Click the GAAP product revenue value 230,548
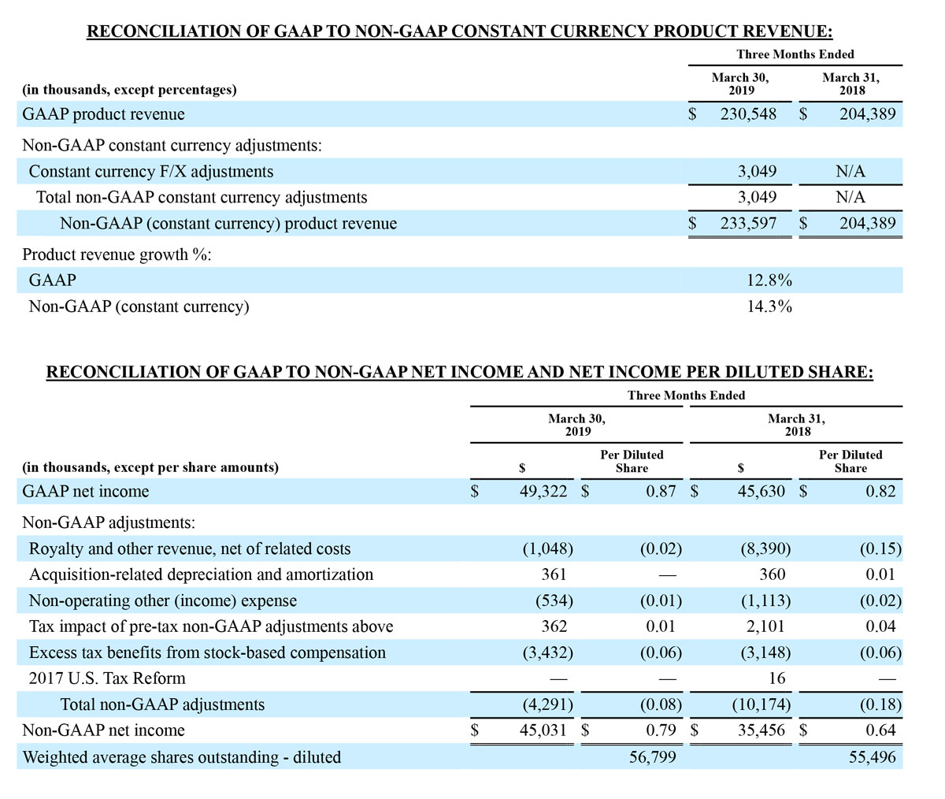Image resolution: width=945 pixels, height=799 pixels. click(748, 114)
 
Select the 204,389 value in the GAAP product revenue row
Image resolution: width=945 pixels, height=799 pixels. click(867, 114)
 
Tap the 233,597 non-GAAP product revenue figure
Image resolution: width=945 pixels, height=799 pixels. click(748, 224)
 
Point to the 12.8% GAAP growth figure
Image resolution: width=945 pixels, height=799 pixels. click(769, 281)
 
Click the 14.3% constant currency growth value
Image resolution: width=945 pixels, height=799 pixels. click(769, 307)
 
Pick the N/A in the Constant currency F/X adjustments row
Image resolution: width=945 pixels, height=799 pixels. click(850, 172)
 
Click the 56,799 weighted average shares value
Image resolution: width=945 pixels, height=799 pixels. click(652, 757)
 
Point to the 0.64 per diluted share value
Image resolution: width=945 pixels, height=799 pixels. click(880, 730)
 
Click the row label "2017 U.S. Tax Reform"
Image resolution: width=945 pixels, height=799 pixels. click(107, 678)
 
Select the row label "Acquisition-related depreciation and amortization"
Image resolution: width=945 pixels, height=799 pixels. click(201, 574)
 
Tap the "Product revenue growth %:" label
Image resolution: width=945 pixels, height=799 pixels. click(117, 255)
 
